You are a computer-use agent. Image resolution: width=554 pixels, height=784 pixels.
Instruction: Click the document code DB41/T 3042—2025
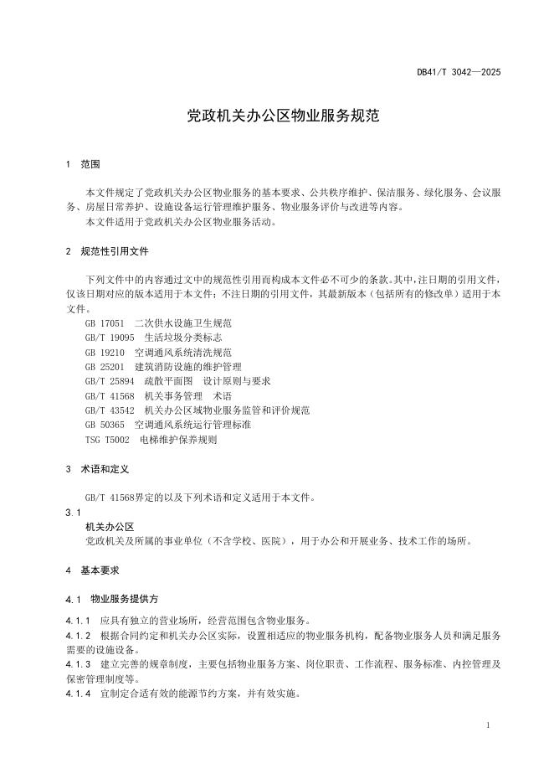point(459,73)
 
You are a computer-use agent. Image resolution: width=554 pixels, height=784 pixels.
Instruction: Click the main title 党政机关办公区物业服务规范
point(277,116)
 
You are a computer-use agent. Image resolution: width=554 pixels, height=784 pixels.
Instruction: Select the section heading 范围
point(90,165)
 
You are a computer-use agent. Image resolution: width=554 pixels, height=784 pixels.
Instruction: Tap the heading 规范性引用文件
point(115,251)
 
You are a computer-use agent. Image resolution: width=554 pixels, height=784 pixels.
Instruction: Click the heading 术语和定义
point(105,469)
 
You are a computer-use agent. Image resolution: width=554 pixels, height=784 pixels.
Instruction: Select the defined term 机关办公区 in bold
point(110,526)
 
